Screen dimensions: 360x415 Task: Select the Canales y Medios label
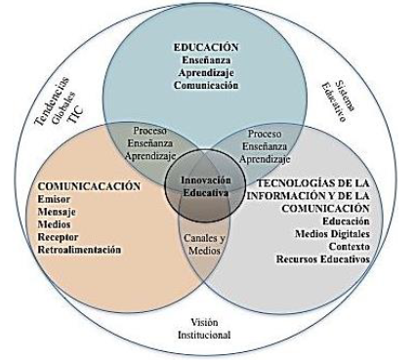click(206, 243)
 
